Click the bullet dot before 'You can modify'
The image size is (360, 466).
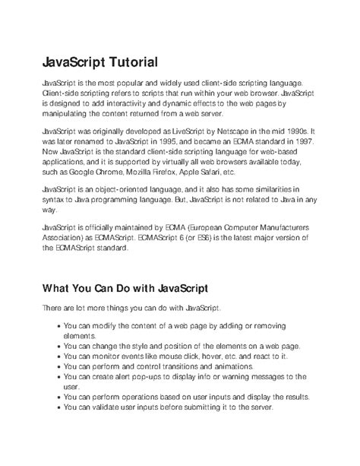(x=58, y=325)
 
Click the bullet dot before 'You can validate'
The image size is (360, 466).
(x=58, y=406)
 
